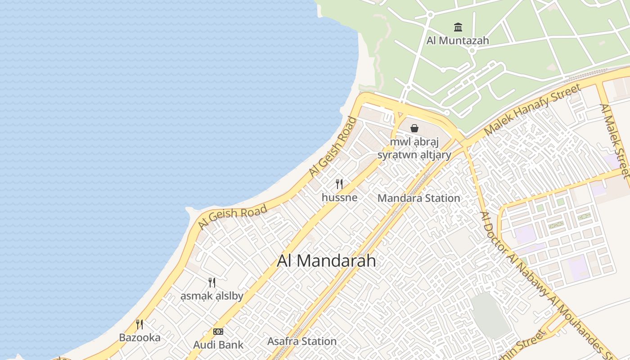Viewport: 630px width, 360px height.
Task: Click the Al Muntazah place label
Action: click(x=458, y=40)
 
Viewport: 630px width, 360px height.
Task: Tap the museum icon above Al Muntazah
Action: click(x=458, y=27)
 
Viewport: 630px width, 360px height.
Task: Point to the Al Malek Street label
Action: click(x=614, y=140)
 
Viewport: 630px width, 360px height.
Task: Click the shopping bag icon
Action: click(x=414, y=128)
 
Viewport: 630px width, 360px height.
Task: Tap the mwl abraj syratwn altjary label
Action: click(x=414, y=148)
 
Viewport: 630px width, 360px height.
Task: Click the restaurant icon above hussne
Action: click(x=339, y=184)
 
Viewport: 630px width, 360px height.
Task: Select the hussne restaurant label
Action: click(x=339, y=197)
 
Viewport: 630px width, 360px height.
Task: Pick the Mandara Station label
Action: click(x=418, y=198)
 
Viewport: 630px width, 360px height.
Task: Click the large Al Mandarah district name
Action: click(x=326, y=261)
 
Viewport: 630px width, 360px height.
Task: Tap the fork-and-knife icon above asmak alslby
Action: click(x=211, y=283)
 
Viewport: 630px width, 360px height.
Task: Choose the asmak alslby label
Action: click(x=211, y=296)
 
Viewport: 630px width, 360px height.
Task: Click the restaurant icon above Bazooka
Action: click(x=139, y=324)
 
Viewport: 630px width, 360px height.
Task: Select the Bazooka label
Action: click(x=139, y=337)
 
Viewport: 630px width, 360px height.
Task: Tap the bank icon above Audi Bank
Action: click(x=218, y=332)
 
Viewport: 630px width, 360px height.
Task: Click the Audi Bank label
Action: click(x=218, y=345)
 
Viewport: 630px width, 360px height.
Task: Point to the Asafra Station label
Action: click(x=301, y=341)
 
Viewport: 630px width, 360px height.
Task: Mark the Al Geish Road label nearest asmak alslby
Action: click(x=233, y=216)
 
